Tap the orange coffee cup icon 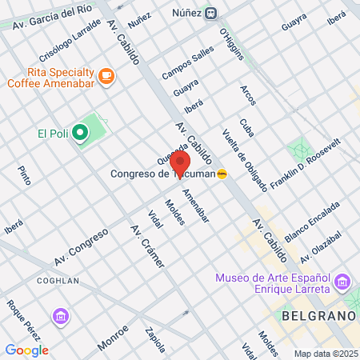tap(106, 76)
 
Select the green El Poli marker tap(80, 133)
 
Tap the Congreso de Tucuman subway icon tap(222, 174)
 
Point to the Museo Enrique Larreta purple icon tap(343, 282)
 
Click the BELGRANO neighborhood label tap(318, 316)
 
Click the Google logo tap(26, 350)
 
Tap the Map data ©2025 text tap(325, 353)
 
